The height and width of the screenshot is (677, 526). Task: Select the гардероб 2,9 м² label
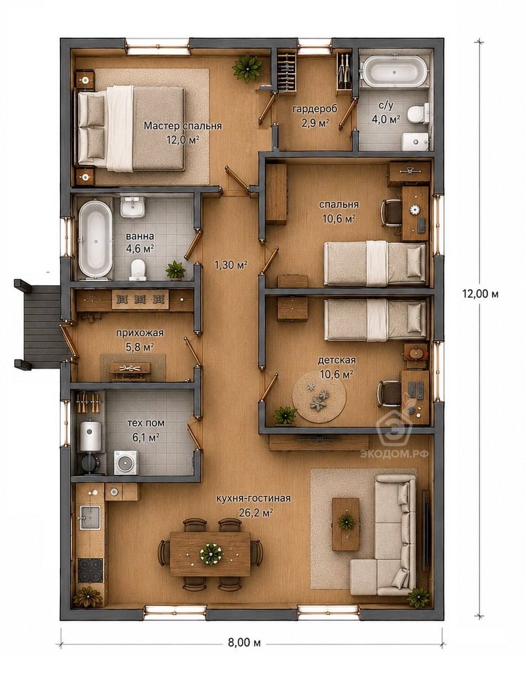315,116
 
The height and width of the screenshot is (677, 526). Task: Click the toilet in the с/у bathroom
417,114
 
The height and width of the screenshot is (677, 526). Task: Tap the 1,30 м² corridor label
231,265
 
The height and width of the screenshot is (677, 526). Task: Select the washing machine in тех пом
126,463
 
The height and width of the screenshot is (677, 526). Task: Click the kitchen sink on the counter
90,518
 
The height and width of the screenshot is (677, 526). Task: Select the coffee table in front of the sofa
346,524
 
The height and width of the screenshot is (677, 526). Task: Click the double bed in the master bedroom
131,129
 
